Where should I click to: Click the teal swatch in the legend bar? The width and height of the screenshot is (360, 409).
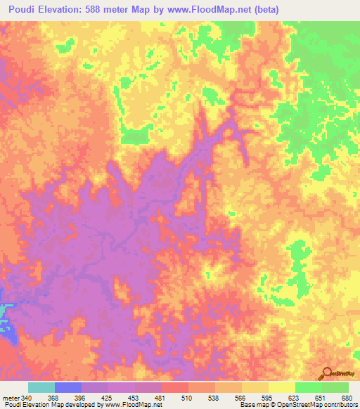click(x=41, y=388)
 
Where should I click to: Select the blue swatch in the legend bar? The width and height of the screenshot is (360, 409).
click(x=68, y=388)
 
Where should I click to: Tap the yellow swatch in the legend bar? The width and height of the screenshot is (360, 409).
click(x=281, y=388)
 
